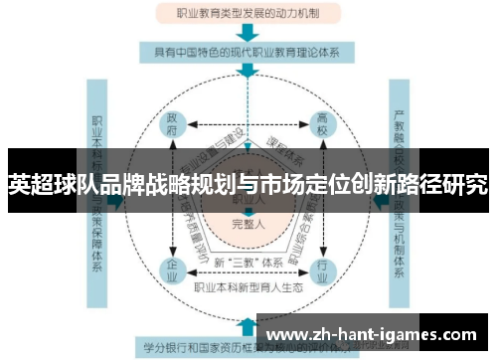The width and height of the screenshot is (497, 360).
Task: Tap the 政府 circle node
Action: [x=171, y=124]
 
